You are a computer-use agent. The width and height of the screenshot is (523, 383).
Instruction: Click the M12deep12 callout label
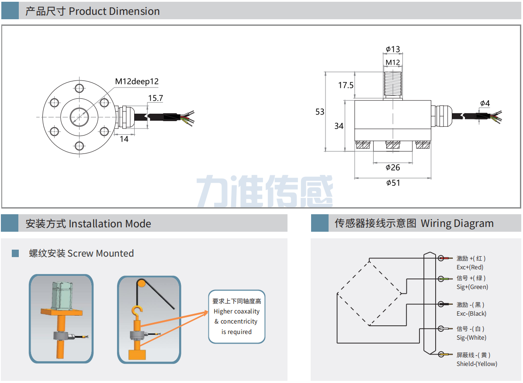click(137, 81)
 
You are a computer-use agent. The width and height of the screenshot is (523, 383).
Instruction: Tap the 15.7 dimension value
click(155, 98)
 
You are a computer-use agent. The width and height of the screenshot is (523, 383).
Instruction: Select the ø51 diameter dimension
click(393, 183)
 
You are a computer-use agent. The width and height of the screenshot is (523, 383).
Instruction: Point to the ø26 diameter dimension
click(393, 167)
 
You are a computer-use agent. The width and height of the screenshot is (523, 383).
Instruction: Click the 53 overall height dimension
click(320, 112)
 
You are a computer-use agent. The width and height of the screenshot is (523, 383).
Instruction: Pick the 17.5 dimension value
click(346, 86)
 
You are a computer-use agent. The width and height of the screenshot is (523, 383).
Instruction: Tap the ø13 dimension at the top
click(393, 49)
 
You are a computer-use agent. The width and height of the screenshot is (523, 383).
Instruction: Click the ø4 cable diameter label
click(485, 104)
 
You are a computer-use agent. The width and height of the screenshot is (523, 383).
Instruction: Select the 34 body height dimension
click(339, 126)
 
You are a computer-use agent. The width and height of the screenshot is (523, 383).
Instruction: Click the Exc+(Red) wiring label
click(470, 267)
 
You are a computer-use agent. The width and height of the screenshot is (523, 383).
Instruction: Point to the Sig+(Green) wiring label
click(472, 287)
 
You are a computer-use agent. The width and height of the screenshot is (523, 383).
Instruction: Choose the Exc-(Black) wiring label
click(471, 313)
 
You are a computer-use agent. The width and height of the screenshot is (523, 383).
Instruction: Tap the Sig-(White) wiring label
click(471, 338)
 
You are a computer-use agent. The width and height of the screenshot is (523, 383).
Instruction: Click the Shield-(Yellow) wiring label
click(477, 364)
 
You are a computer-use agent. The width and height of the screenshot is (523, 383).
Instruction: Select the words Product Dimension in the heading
click(114, 11)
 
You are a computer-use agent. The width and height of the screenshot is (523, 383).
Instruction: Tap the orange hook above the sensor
click(137, 312)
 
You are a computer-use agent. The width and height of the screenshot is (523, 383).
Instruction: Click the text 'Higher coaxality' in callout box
click(236, 311)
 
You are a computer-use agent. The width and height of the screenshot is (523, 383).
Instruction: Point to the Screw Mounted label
click(100, 254)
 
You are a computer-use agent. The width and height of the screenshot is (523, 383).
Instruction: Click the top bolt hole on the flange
click(79, 88)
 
